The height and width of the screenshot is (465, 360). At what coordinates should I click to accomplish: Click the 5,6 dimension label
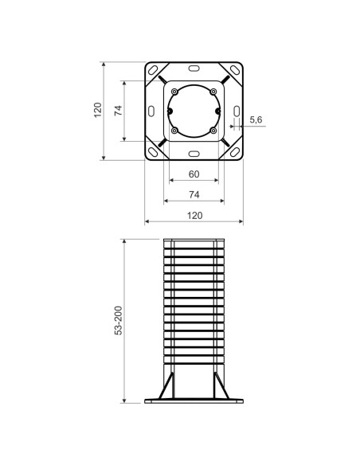pos(256,119)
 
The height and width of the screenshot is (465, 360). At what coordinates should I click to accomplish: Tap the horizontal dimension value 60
pos(194,174)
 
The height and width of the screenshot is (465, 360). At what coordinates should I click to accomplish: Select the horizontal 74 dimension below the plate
pos(194,194)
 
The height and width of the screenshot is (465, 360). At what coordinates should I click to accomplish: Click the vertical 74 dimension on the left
pos(118,110)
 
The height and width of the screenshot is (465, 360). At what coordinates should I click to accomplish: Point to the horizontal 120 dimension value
pos(194,215)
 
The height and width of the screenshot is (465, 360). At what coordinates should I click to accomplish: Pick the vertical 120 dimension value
pos(97,110)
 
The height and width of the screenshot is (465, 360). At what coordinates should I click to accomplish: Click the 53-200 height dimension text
pos(118,321)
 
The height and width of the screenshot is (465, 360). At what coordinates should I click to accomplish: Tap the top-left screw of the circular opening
pos(174,92)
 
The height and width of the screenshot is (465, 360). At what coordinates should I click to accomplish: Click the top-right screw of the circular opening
pos(213,92)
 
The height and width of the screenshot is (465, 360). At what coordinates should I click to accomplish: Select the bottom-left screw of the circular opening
pos(174,130)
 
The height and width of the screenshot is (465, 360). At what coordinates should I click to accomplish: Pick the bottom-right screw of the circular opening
pos(213,130)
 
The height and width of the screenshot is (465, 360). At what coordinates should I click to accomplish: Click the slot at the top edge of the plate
pos(194,68)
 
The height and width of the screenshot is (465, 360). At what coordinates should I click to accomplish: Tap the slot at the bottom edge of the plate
pos(194,152)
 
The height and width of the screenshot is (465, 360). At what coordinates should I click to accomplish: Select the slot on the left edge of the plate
pos(152,110)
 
